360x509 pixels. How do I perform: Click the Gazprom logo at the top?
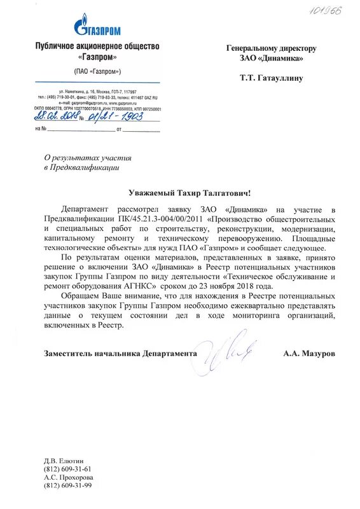[97, 26]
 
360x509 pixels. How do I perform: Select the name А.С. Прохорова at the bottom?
[69, 477]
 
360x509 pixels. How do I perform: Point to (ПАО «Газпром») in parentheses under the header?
[97, 71]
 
